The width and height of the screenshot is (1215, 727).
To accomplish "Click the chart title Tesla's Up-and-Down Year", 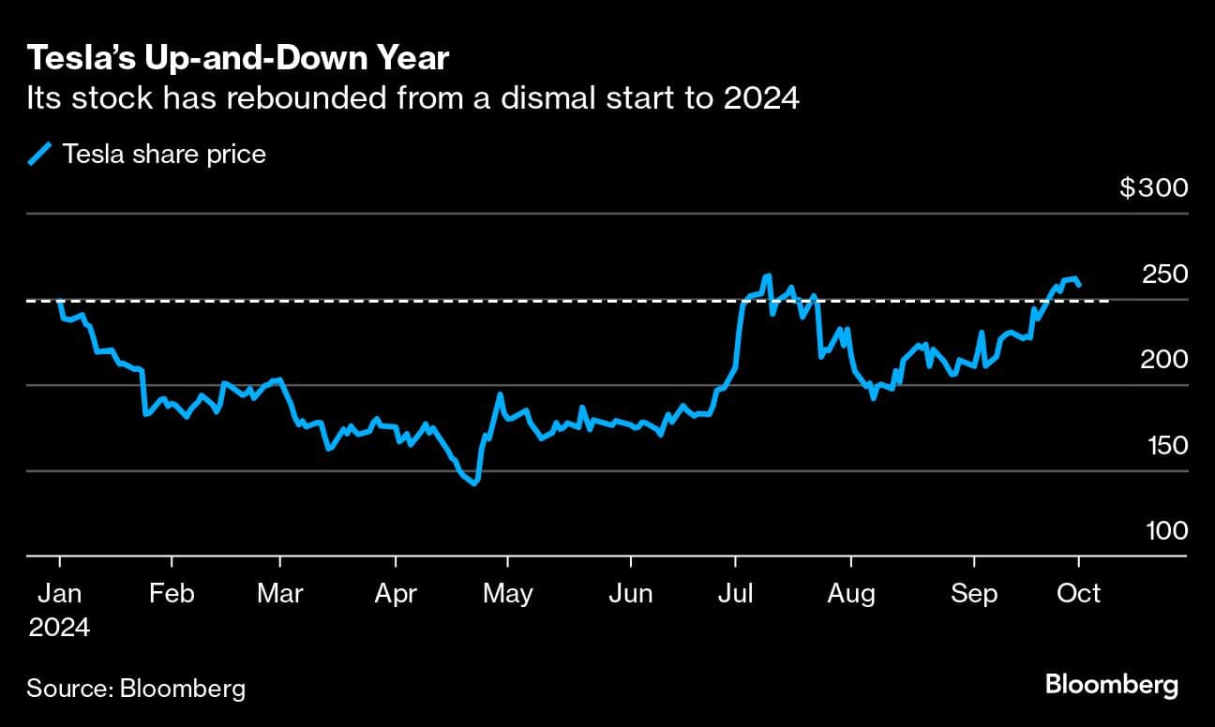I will point(238,59).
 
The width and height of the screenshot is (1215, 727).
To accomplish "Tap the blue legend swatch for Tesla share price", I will point(40,154).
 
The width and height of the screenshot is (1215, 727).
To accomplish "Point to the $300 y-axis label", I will point(1153,188).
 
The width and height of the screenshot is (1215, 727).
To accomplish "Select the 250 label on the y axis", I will point(1165,274).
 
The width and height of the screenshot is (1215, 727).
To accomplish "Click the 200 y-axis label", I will point(1165,360).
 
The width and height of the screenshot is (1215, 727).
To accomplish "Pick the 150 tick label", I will point(1166,445).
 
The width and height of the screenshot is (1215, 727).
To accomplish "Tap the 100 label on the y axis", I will point(1166,531).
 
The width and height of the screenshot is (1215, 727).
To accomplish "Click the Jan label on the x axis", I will point(59,593).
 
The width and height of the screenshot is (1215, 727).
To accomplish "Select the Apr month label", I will point(395,593).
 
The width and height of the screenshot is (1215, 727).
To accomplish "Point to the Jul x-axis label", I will point(736,593).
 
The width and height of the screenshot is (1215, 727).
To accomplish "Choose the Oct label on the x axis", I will point(1078,593).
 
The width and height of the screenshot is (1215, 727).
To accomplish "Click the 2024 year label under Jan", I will point(59,627).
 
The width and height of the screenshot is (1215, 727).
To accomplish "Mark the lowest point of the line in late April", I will point(475,483).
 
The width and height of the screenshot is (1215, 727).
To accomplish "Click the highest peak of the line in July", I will point(768,275).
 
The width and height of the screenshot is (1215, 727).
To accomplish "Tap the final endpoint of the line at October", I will point(1079,285).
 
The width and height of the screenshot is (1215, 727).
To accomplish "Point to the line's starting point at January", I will point(60,302).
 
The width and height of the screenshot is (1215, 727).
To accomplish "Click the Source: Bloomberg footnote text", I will point(136,689).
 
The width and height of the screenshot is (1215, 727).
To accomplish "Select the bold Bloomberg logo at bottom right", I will point(1112,685).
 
